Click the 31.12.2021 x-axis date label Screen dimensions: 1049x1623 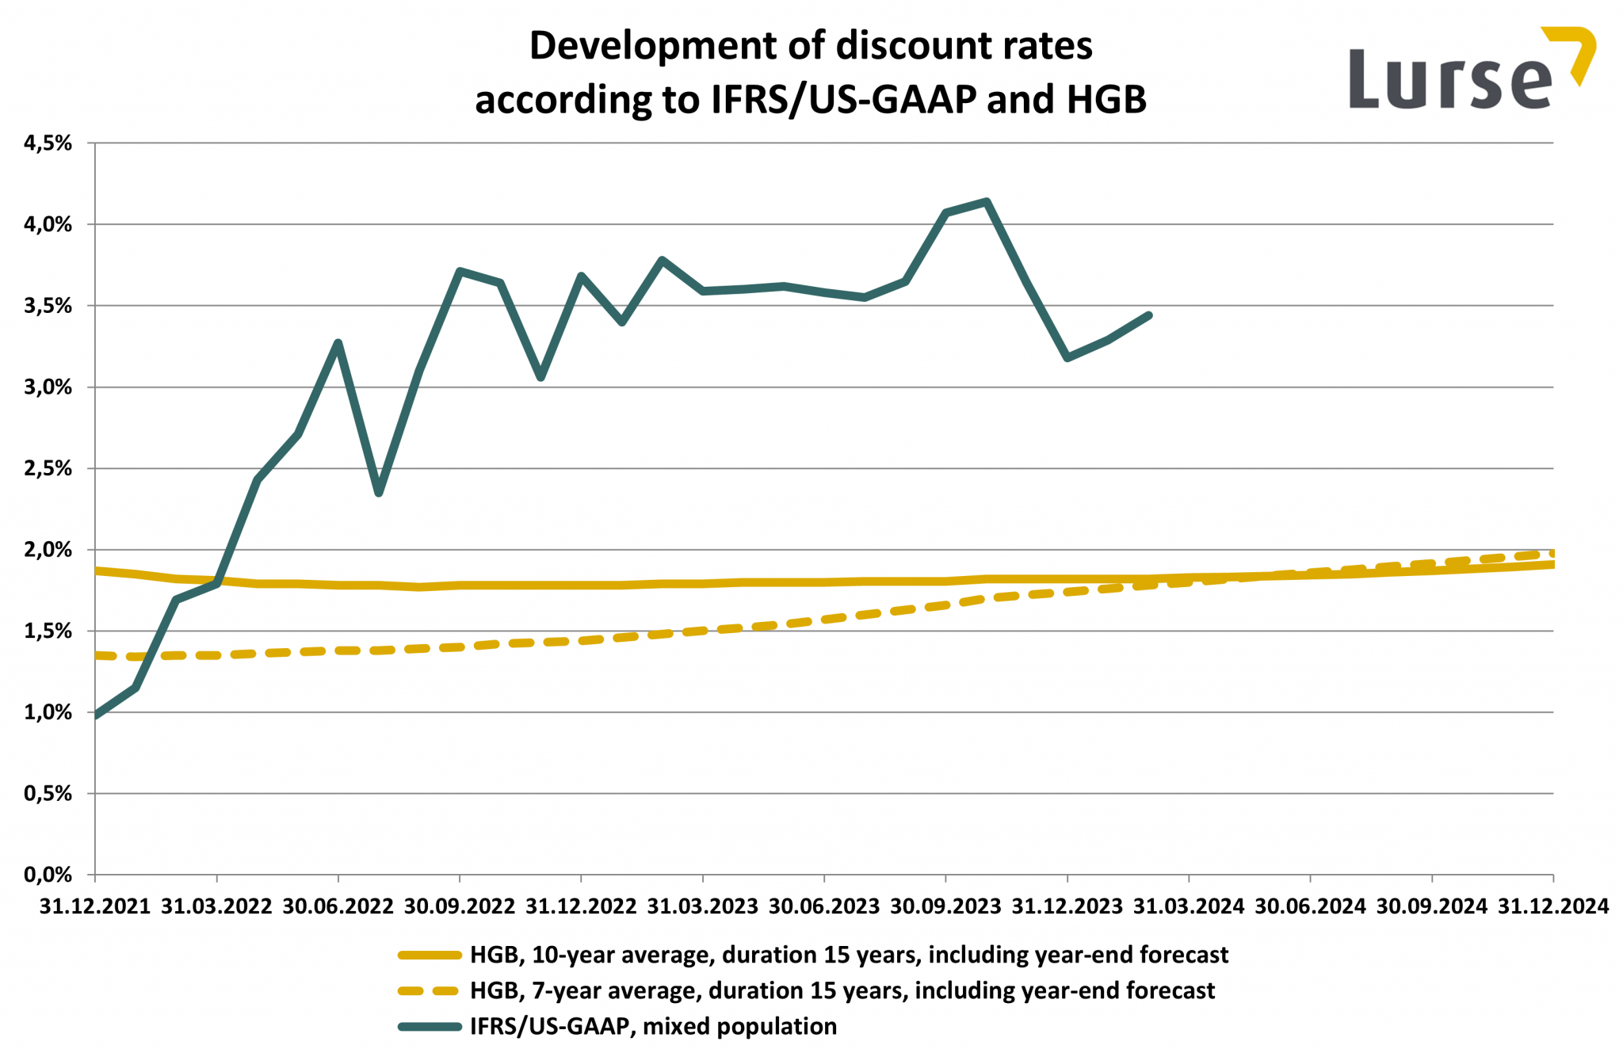click(x=95, y=906)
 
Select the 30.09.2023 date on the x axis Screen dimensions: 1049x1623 click(x=945, y=906)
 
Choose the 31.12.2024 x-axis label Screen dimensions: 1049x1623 click(x=1552, y=906)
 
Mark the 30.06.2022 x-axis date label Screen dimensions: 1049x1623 click(x=338, y=906)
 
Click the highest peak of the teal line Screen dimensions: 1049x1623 click(x=986, y=201)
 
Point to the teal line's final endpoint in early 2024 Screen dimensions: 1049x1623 click(x=1148, y=315)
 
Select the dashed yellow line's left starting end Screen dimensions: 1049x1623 click(x=97, y=655)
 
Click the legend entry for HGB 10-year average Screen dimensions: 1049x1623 click(x=848, y=956)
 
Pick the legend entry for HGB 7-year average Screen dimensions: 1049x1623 click(x=842, y=991)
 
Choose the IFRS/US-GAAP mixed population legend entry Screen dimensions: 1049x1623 click(x=653, y=1027)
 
